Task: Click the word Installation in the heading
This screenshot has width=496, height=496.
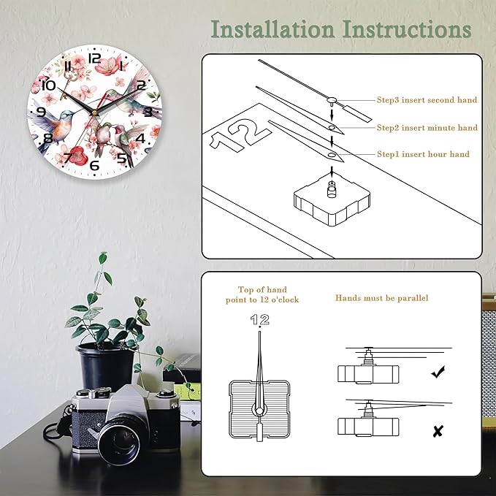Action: point(271,29)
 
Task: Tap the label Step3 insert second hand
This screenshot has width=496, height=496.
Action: point(427,100)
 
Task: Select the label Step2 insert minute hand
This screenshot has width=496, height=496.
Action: point(427,128)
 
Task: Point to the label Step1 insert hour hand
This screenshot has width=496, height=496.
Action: point(422,154)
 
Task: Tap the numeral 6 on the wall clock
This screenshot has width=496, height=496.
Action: point(94,164)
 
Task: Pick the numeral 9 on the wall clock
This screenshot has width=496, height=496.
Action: point(41,112)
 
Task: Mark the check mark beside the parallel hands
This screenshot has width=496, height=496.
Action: point(438,373)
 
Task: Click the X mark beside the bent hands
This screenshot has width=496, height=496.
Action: point(438,431)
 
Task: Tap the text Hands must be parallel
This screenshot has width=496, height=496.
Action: point(382,298)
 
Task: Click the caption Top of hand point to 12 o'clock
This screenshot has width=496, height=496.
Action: point(262,295)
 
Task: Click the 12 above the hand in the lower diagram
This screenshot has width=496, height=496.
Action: point(259,319)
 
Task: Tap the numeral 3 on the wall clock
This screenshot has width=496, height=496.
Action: point(148,112)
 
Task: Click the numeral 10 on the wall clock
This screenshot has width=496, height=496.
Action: point(49,85)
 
